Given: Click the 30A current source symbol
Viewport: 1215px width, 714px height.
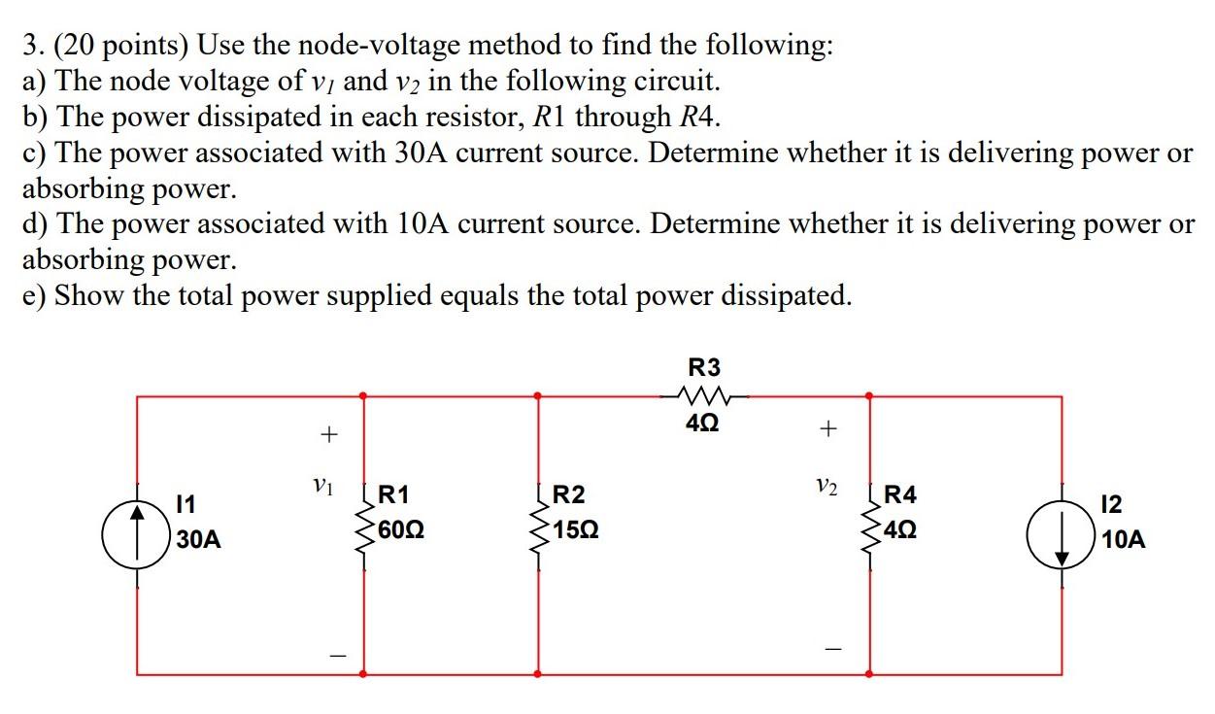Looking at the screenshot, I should point(137,532).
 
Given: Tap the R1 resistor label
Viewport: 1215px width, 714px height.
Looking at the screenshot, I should point(391,495).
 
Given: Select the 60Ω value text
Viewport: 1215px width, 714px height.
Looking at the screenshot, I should point(399,532).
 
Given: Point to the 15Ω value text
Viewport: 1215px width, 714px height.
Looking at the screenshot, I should point(574,532).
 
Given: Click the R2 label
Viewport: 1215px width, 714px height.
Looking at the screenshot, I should point(568,495).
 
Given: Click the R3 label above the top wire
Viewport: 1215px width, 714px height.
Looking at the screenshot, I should point(704,368).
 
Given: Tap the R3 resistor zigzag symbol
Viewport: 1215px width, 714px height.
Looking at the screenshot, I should point(704,395).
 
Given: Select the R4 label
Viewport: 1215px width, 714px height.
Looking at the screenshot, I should point(899,495).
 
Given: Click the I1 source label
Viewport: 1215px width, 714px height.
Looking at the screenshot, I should point(185,504).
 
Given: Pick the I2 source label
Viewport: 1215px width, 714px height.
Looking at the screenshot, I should point(1113,504).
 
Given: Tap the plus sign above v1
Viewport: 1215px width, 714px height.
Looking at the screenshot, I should point(329,434).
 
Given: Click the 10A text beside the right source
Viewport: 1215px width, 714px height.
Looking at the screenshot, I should point(1124,540).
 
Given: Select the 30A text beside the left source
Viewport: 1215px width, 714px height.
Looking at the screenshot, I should point(198,540).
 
